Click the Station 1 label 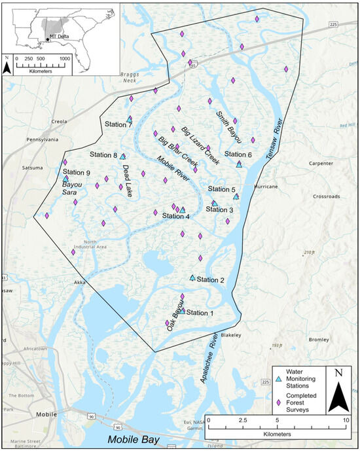200,313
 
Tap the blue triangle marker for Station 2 192,278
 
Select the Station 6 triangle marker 239,164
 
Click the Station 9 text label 77,173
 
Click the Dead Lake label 128,176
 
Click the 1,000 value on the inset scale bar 65,58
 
